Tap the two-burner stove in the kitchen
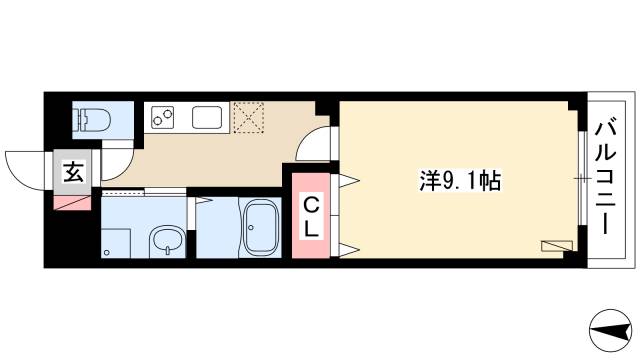162,118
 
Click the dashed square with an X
247,116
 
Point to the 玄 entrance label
74,171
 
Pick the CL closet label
312,217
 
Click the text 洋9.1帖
459,181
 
